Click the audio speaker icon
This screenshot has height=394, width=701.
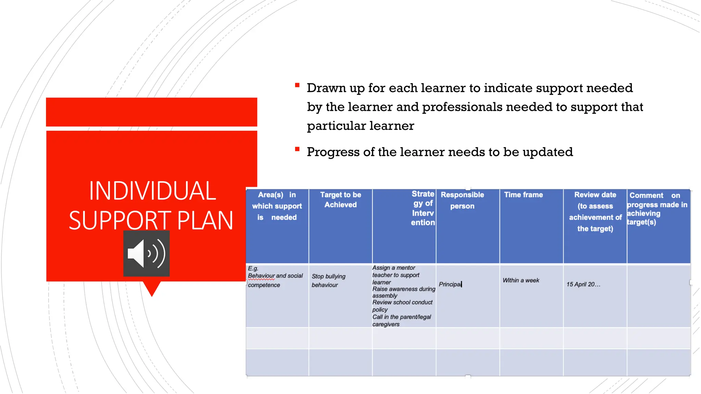(146, 253)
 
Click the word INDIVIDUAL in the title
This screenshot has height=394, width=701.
(152, 191)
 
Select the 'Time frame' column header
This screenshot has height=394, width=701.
(523, 195)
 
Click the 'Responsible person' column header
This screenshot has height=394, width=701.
(462, 200)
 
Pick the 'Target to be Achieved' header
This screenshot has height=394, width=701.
(341, 200)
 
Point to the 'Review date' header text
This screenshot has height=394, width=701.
(595, 195)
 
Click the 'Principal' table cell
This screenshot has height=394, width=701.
(450, 284)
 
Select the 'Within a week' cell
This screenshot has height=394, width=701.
(521, 280)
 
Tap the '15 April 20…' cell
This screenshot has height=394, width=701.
(583, 284)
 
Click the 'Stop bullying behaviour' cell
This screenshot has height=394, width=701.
(328, 280)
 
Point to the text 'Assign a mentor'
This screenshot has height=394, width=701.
(394, 268)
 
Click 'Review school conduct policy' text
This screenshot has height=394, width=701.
(402, 306)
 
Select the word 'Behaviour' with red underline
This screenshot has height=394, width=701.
(261, 276)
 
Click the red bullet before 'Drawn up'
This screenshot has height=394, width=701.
(297, 85)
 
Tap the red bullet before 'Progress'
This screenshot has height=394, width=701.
(297, 149)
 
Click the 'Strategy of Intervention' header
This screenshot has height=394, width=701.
(423, 208)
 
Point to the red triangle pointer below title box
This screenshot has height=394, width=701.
(152, 288)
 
